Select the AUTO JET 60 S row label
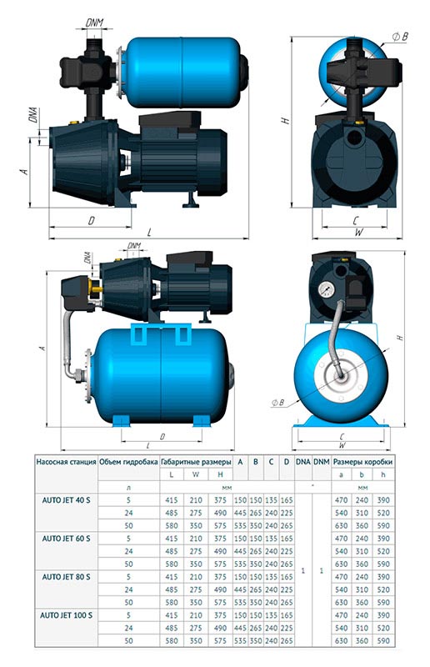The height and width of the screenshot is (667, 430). [65, 539]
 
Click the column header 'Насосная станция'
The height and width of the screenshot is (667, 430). [65, 459]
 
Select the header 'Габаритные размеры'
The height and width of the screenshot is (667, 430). [195, 459]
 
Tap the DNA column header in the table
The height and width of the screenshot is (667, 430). [302, 459]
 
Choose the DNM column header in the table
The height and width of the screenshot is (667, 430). [321, 459]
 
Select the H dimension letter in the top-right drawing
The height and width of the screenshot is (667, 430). [285, 121]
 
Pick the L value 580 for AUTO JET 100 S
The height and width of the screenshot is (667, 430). [172, 640]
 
